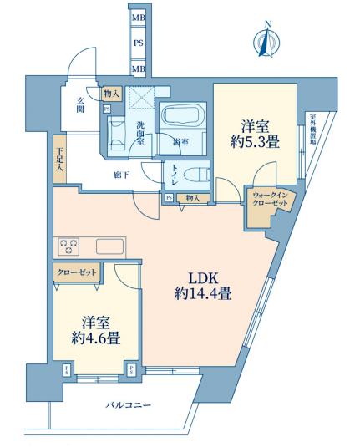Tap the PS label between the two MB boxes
click(139, 43)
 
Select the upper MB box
click(139, 18)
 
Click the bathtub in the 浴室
click(180, 115)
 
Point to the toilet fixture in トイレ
click(196, 175)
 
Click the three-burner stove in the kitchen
click(68, 246)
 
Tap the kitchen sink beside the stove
click(109, 246)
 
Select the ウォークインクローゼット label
click(270, 200)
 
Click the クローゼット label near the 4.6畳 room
click(76, 272)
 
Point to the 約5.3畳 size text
click(255, 142)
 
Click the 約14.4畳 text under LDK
click(203, 293)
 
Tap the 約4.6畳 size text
click(95, 338)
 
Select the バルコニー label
click(128, 405)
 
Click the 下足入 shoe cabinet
click(60, 159)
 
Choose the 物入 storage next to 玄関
click(112, 94)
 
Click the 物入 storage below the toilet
click(193, 198)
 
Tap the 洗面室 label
click(140, 134)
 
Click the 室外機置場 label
click(312, 130)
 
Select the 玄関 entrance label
click(80, 105)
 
